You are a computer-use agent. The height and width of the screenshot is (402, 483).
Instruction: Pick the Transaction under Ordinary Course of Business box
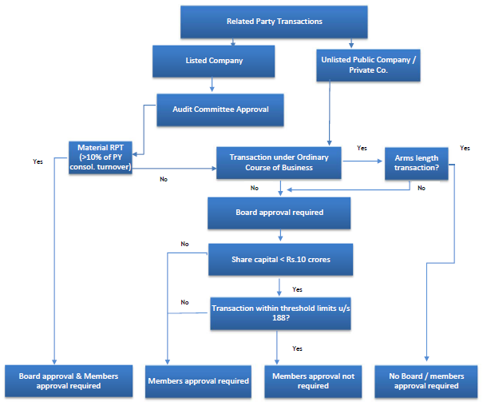(x=279, y=163)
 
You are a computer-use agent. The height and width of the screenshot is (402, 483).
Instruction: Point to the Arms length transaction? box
(x=415, y=163)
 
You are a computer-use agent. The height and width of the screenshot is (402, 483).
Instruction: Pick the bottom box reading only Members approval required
(x=198, y=381)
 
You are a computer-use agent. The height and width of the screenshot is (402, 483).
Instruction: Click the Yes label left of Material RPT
(x=38, y=161)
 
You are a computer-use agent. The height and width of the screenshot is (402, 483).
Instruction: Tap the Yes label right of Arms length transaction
(x=465, y=148)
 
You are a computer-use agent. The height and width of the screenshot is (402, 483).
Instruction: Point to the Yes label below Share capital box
(x=297, y=289)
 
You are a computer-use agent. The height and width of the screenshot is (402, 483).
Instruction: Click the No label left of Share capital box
(x=184, y=244)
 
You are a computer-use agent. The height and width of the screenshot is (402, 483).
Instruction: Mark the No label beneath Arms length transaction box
(x=422, y=188)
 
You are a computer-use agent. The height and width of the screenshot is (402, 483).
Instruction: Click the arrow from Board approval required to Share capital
(x=279, y=236)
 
